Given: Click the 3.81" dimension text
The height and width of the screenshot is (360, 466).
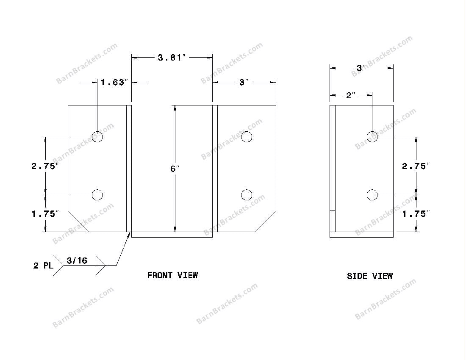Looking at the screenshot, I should coord(172,57).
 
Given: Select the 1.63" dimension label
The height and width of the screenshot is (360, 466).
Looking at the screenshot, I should coord(114,82).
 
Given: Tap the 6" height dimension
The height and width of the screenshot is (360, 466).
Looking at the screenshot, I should coord(175,169).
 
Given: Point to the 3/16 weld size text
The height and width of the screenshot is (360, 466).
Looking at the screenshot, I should coord(77,260).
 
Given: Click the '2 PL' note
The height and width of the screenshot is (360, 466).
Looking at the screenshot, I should coord(43,266).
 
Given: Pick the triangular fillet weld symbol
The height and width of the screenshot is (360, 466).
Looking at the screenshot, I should coord(100,266).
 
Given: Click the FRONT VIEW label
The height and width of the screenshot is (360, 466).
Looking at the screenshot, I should coord(172,275).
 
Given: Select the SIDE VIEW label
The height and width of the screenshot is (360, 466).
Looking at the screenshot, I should coord(370,276).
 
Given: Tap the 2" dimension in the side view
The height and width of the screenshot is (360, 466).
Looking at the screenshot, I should coord(351,95).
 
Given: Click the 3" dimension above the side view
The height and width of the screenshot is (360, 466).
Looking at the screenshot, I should coord(361,68).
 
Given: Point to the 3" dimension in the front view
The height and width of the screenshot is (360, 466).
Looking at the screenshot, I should coord(243,82).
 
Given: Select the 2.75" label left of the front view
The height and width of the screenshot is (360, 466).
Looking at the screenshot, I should coord(44,166).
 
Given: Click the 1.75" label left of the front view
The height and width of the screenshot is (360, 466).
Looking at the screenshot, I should coord(44,214).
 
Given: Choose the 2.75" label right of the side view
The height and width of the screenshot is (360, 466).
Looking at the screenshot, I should coord(416,166).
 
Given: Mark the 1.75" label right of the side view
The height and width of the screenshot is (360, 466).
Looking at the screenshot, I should coord(416,214).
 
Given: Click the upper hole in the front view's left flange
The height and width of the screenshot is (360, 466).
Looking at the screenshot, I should coord(97,136).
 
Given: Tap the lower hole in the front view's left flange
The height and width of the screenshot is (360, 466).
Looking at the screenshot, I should coord(97,195).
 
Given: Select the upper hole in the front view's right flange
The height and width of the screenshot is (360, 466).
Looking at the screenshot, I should coord(247,136).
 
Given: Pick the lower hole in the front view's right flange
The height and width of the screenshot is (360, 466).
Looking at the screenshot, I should coord(247,195).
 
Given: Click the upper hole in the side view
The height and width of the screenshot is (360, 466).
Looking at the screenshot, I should coord(372,136).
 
